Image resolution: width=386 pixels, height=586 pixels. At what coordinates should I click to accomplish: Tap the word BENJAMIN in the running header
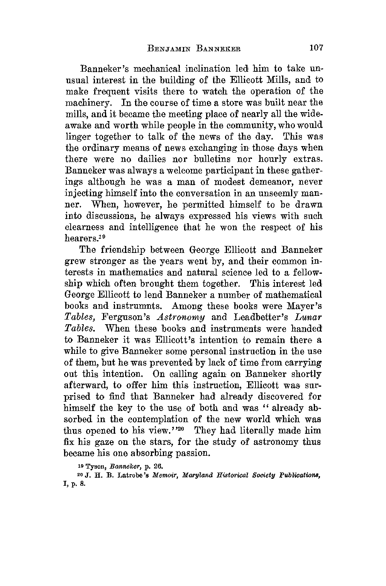[x=164, y=49]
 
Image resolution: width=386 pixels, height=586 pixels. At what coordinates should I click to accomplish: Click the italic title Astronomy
[x=181, y=318]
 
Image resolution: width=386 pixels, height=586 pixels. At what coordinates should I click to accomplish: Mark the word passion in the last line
[x=193, y=453]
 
